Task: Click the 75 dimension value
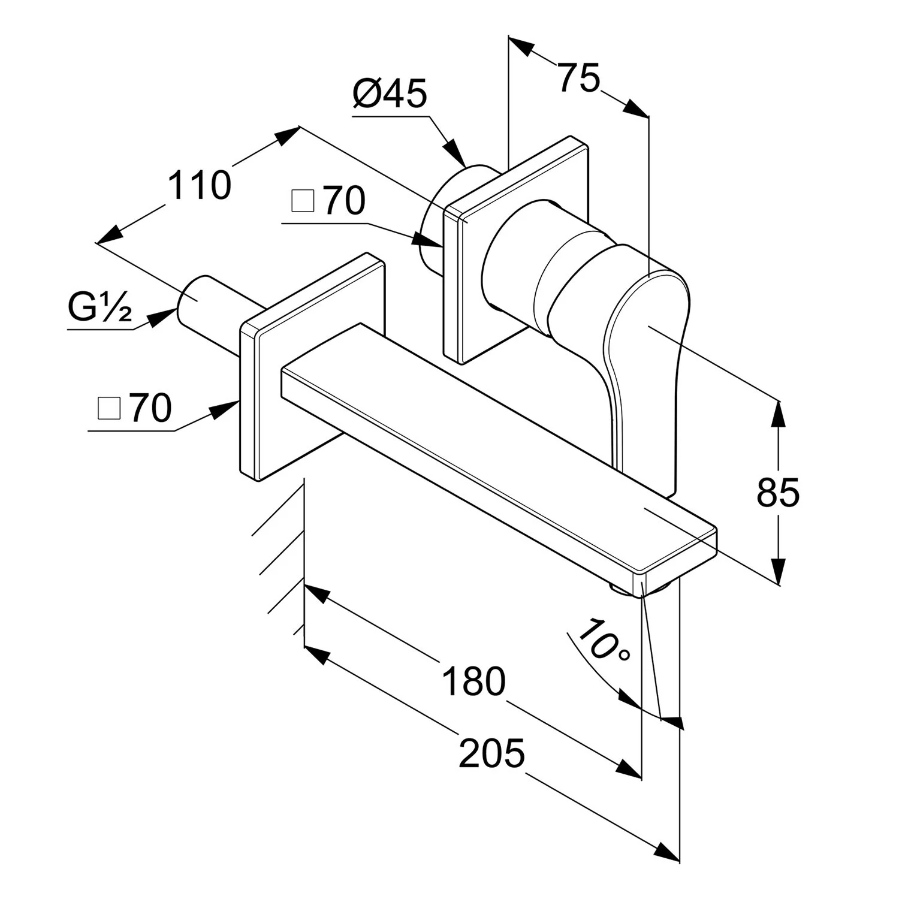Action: pos(579,78)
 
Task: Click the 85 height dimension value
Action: pos(778,493)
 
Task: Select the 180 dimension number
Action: pos(473,681)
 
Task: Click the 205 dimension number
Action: pos(491,753)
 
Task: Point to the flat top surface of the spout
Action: pos(497,447)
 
